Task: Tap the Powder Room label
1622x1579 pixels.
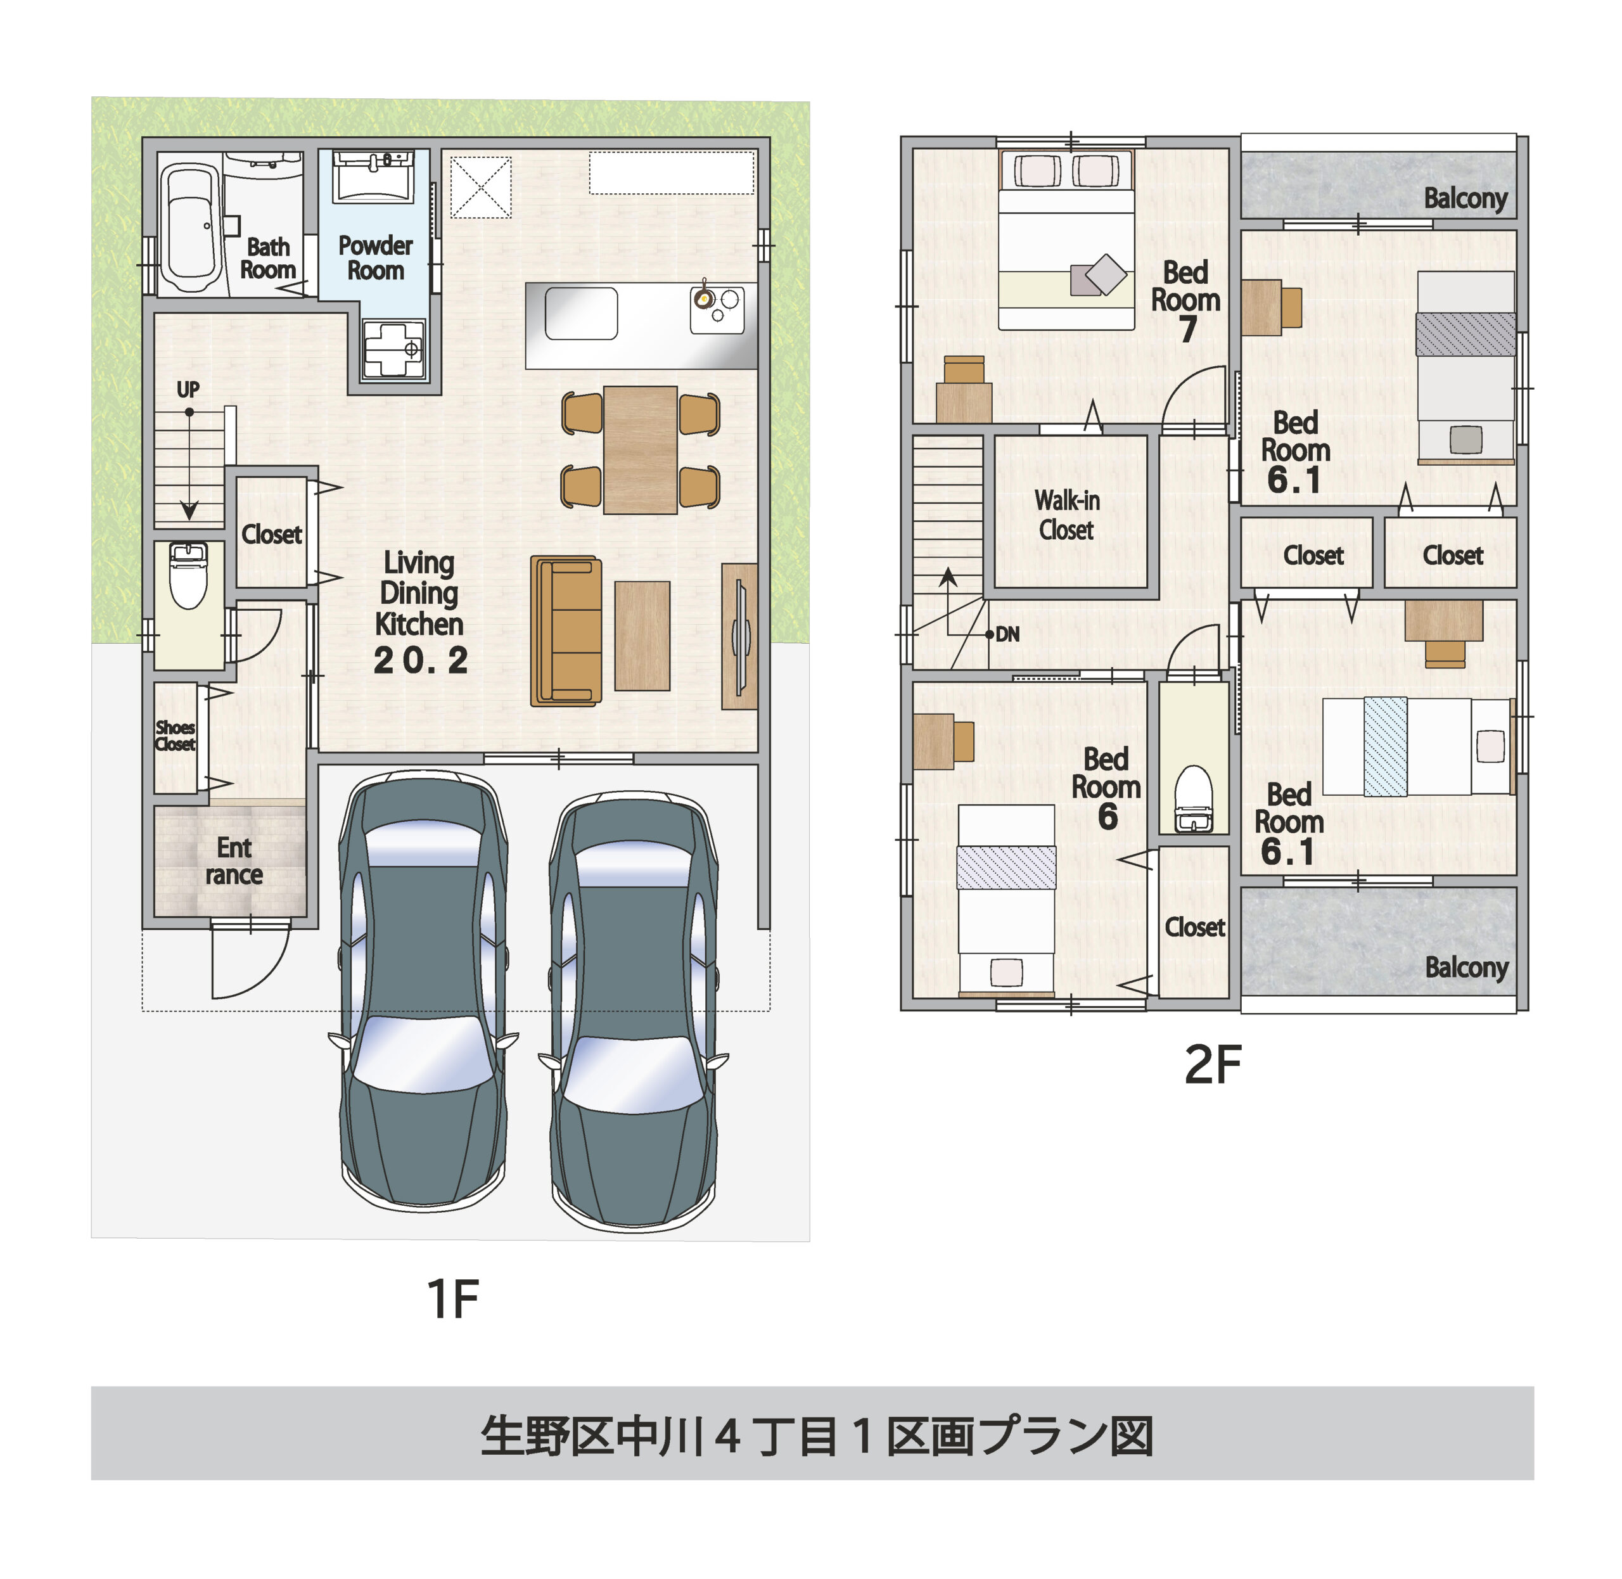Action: point(375,258)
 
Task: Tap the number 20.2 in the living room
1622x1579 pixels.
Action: point(421,660)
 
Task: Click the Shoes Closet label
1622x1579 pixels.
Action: point(175,736)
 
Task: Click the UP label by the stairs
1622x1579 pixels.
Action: point(188,390)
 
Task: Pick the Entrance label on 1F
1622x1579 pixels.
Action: point(234,861)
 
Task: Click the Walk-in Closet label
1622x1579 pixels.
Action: point(1067,515)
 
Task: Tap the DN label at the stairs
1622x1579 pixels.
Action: point(1007,634)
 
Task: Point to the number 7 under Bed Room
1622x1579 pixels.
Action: point(1187,329)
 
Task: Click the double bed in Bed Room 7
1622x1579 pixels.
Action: point(1066,241)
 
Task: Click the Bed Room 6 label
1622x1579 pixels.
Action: point(1106,787)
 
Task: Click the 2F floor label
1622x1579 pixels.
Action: point(1212,1066)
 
